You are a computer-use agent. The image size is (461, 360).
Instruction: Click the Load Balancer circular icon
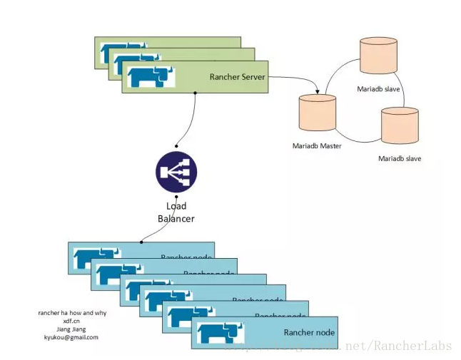click(176, 172)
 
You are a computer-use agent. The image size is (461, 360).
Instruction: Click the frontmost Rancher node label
click(308, 332)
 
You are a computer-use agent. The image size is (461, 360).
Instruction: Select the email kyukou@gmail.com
click(71, 337)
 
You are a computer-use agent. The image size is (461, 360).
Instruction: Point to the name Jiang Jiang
click(71, 329)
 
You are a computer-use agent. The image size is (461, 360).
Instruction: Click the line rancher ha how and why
click(71, 313)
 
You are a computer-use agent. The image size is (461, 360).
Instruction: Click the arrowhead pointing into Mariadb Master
click(317, 92)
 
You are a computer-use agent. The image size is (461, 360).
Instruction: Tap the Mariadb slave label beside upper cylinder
click(378, 89)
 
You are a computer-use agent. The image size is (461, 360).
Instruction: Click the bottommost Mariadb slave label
click(399, 158)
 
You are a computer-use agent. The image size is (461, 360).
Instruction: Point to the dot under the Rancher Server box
click(196, 93)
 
